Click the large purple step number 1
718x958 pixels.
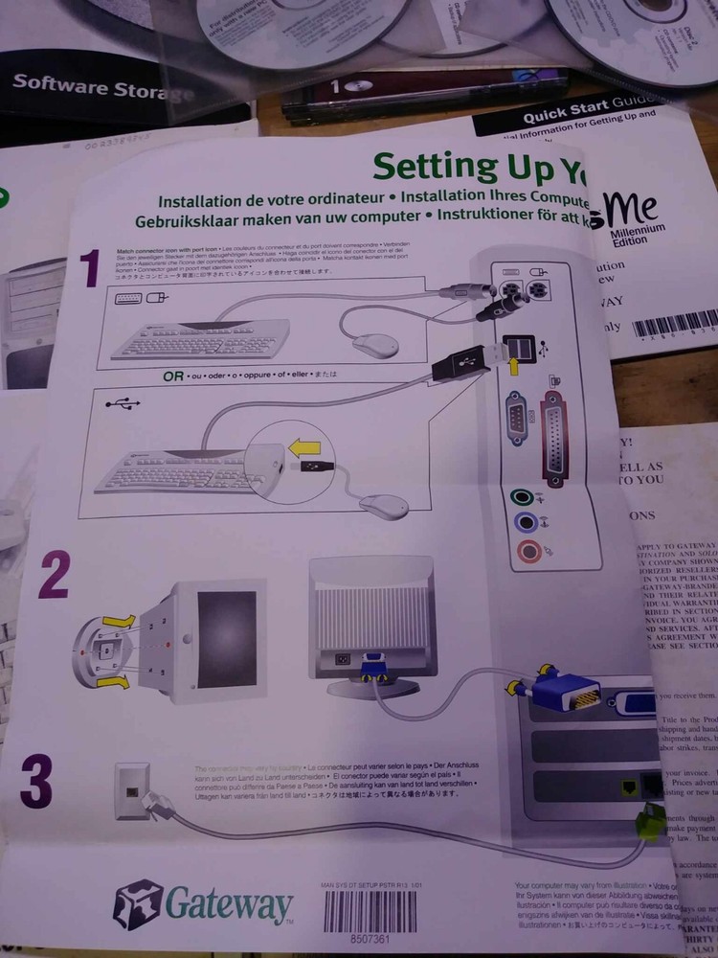(89, 269)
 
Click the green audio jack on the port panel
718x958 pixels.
(521, 497)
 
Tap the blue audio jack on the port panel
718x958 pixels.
(524, 523)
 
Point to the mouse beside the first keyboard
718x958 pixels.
(374, 345)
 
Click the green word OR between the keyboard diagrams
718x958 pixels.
(172, 376)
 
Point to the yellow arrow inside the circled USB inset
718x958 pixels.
(306, 445)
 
